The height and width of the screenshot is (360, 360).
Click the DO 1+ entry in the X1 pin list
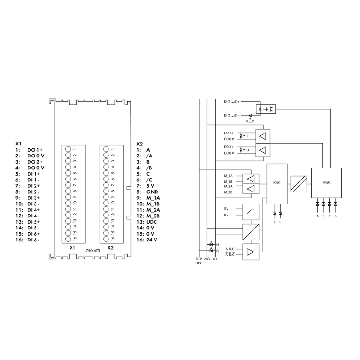coord(35,150)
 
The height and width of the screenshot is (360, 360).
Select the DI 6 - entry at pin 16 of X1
coord(34,240)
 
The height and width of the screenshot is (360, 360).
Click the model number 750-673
coord(92,251)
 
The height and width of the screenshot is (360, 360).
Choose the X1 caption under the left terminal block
coord(72,248)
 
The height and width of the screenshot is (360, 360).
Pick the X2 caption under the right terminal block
coord(110,248)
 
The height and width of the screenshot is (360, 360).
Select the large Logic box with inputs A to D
coord(326,182)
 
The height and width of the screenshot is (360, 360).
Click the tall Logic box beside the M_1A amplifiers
coord(277,182)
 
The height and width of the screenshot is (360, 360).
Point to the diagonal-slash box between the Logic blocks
coord(299,182)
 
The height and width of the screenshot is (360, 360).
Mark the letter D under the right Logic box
coord(336,216)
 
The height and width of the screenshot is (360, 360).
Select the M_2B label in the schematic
coord(228,192)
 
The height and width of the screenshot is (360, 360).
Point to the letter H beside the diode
coord(218,245)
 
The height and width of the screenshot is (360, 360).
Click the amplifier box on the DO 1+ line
coord(262,136)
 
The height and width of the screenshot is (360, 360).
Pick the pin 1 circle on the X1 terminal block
coord(68,149)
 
